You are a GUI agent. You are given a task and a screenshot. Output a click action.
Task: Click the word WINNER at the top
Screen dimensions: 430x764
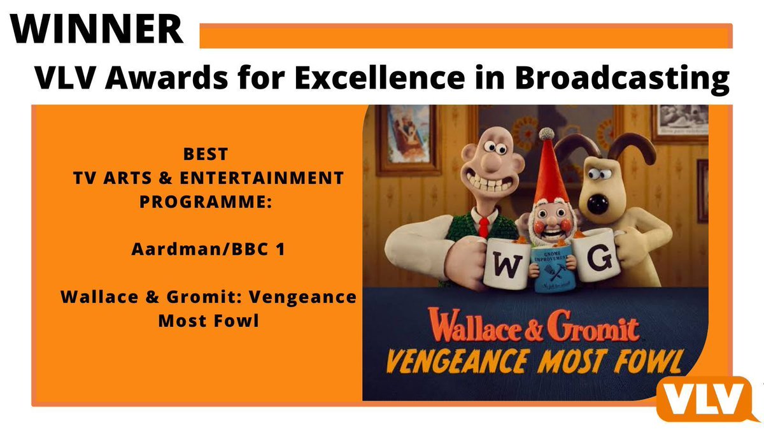95,28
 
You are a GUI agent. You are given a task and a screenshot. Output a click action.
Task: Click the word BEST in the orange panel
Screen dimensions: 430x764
208,155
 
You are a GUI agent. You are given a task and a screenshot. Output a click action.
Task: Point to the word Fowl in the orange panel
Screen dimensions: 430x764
240,320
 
